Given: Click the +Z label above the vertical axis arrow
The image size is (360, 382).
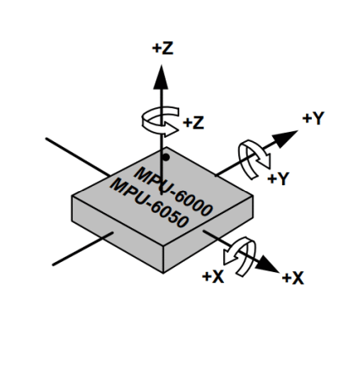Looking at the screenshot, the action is point(162,48).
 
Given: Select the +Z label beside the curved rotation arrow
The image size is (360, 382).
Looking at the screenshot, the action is point(194,123).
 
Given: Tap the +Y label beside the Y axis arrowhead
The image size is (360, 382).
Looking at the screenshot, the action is point(314,118).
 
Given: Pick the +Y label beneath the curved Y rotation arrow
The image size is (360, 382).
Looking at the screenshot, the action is point(278,178).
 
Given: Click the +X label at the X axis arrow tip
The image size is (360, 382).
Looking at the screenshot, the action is point(293,278).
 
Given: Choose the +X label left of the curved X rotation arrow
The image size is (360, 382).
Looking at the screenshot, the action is point(213,277).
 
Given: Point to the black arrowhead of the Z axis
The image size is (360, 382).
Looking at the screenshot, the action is point(161,77).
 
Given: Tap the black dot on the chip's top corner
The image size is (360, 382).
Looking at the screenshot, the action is point(166,157).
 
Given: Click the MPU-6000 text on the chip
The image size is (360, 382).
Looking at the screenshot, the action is point(173,192).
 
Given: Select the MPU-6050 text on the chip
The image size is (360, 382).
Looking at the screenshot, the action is point(149,203).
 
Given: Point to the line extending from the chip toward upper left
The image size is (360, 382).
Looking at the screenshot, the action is point(78,157).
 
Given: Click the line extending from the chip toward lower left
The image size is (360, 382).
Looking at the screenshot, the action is point(83,248).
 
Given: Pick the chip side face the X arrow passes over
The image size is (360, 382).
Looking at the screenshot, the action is point(209,234).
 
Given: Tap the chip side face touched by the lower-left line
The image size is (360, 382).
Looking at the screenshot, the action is point(117,234).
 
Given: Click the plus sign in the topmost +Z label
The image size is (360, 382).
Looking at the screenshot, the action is point(156,49).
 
